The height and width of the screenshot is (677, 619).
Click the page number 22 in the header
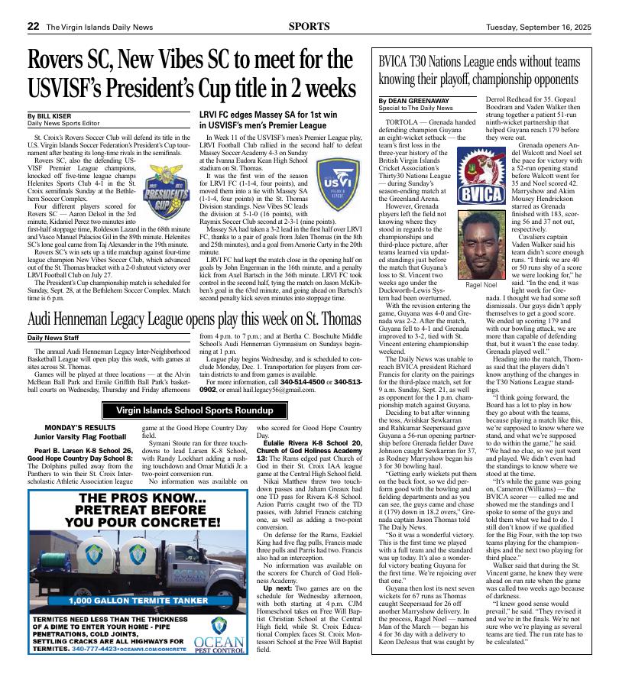tap(33, 26)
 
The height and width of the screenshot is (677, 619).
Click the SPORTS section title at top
tap(309, 26)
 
